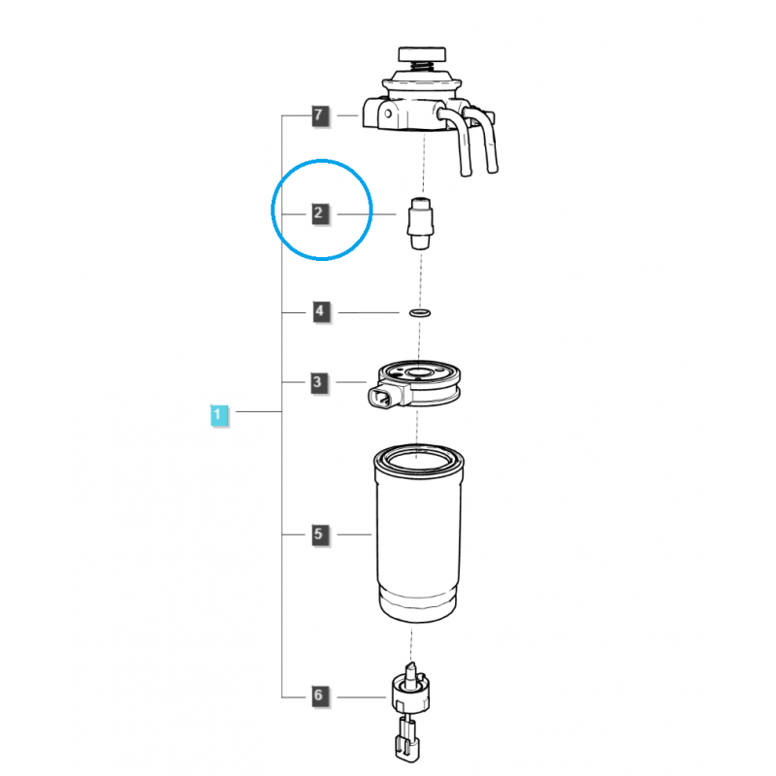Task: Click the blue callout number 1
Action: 219,415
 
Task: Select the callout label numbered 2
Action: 320,213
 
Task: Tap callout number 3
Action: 319,382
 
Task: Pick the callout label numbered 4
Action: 321,311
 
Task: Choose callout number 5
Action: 320,534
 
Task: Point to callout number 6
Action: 320,695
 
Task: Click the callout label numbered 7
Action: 320,115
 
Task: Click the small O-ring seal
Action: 420,312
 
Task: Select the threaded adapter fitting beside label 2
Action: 421,224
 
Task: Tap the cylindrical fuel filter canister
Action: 418,533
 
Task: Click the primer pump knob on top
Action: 422,54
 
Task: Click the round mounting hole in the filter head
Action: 388,113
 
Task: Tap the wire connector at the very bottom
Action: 406,741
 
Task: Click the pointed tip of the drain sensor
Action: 410,663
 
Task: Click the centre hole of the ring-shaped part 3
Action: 418,372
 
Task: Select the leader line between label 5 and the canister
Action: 354,534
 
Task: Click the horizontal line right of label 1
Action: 259,411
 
